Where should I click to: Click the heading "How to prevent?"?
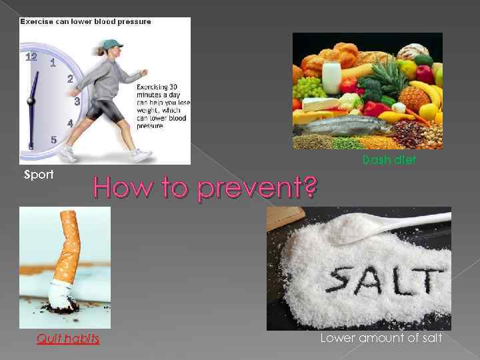click(x=204, y=187)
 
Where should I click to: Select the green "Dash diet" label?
click(x=389, y=160)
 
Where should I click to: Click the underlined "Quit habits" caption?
click(x=68, y=339)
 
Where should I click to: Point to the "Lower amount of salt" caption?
click(x=381, y=339)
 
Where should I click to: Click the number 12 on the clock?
click(x=31, y=57)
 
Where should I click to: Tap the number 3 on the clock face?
click(x=77, y=102)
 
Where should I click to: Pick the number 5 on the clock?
click(x=54, y=139)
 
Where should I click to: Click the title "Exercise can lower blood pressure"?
click(x=85, y=21)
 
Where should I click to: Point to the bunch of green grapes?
click(x=309, y=87)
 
